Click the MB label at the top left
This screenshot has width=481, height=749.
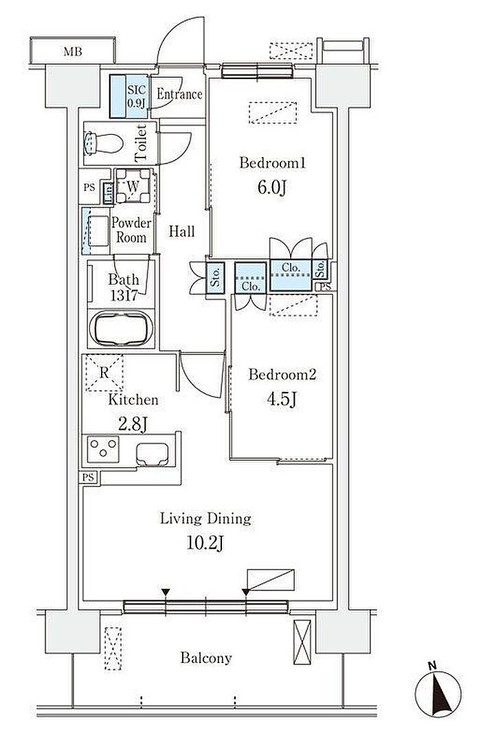[73, 52]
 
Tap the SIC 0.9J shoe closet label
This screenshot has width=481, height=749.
[137, 96]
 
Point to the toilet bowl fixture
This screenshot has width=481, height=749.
[103, 143]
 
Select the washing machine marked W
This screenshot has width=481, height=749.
[133, 186]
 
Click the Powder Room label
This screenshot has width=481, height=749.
[131, 230]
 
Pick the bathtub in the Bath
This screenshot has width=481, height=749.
[121, 329]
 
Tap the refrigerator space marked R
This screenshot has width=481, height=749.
[104, 373]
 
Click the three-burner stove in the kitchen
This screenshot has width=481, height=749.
[103, 449]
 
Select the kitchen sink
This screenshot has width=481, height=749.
[153, 454]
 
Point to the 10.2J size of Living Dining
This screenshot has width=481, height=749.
[205, 543]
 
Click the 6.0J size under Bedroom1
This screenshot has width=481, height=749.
[272, 187]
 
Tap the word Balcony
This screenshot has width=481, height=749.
[206, 658]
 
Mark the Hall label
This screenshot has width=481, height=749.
[182, 232]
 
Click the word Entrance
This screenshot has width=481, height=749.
[179, 94]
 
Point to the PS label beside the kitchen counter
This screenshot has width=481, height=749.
[88, 477]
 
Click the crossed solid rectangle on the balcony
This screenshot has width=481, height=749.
[302, 642]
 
